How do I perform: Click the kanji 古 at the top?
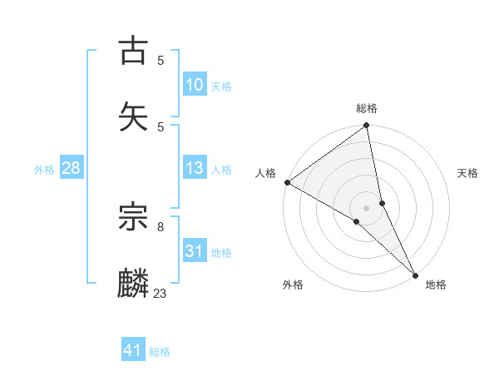point(134,52)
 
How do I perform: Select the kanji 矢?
point(134,116)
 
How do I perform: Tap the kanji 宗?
point(134,218)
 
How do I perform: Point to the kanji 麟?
point(134,284)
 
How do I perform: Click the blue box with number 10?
point(194,85)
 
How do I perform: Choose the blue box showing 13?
point(194,168)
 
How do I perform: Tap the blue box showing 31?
point(194,251)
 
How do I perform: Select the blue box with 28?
point(71,168)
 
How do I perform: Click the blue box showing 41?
point(133,350)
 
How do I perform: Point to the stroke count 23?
point(161,293)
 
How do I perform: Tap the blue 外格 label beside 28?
point(44,169)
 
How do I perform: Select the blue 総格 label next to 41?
point(160,351)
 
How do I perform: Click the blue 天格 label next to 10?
point(221,86)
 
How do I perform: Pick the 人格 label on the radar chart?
point(265,173)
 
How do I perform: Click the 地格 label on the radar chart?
point(436,285)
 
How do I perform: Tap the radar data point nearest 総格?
point(367,126)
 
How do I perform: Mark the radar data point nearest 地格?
point(415,274)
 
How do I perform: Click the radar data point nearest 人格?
point(287,182)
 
